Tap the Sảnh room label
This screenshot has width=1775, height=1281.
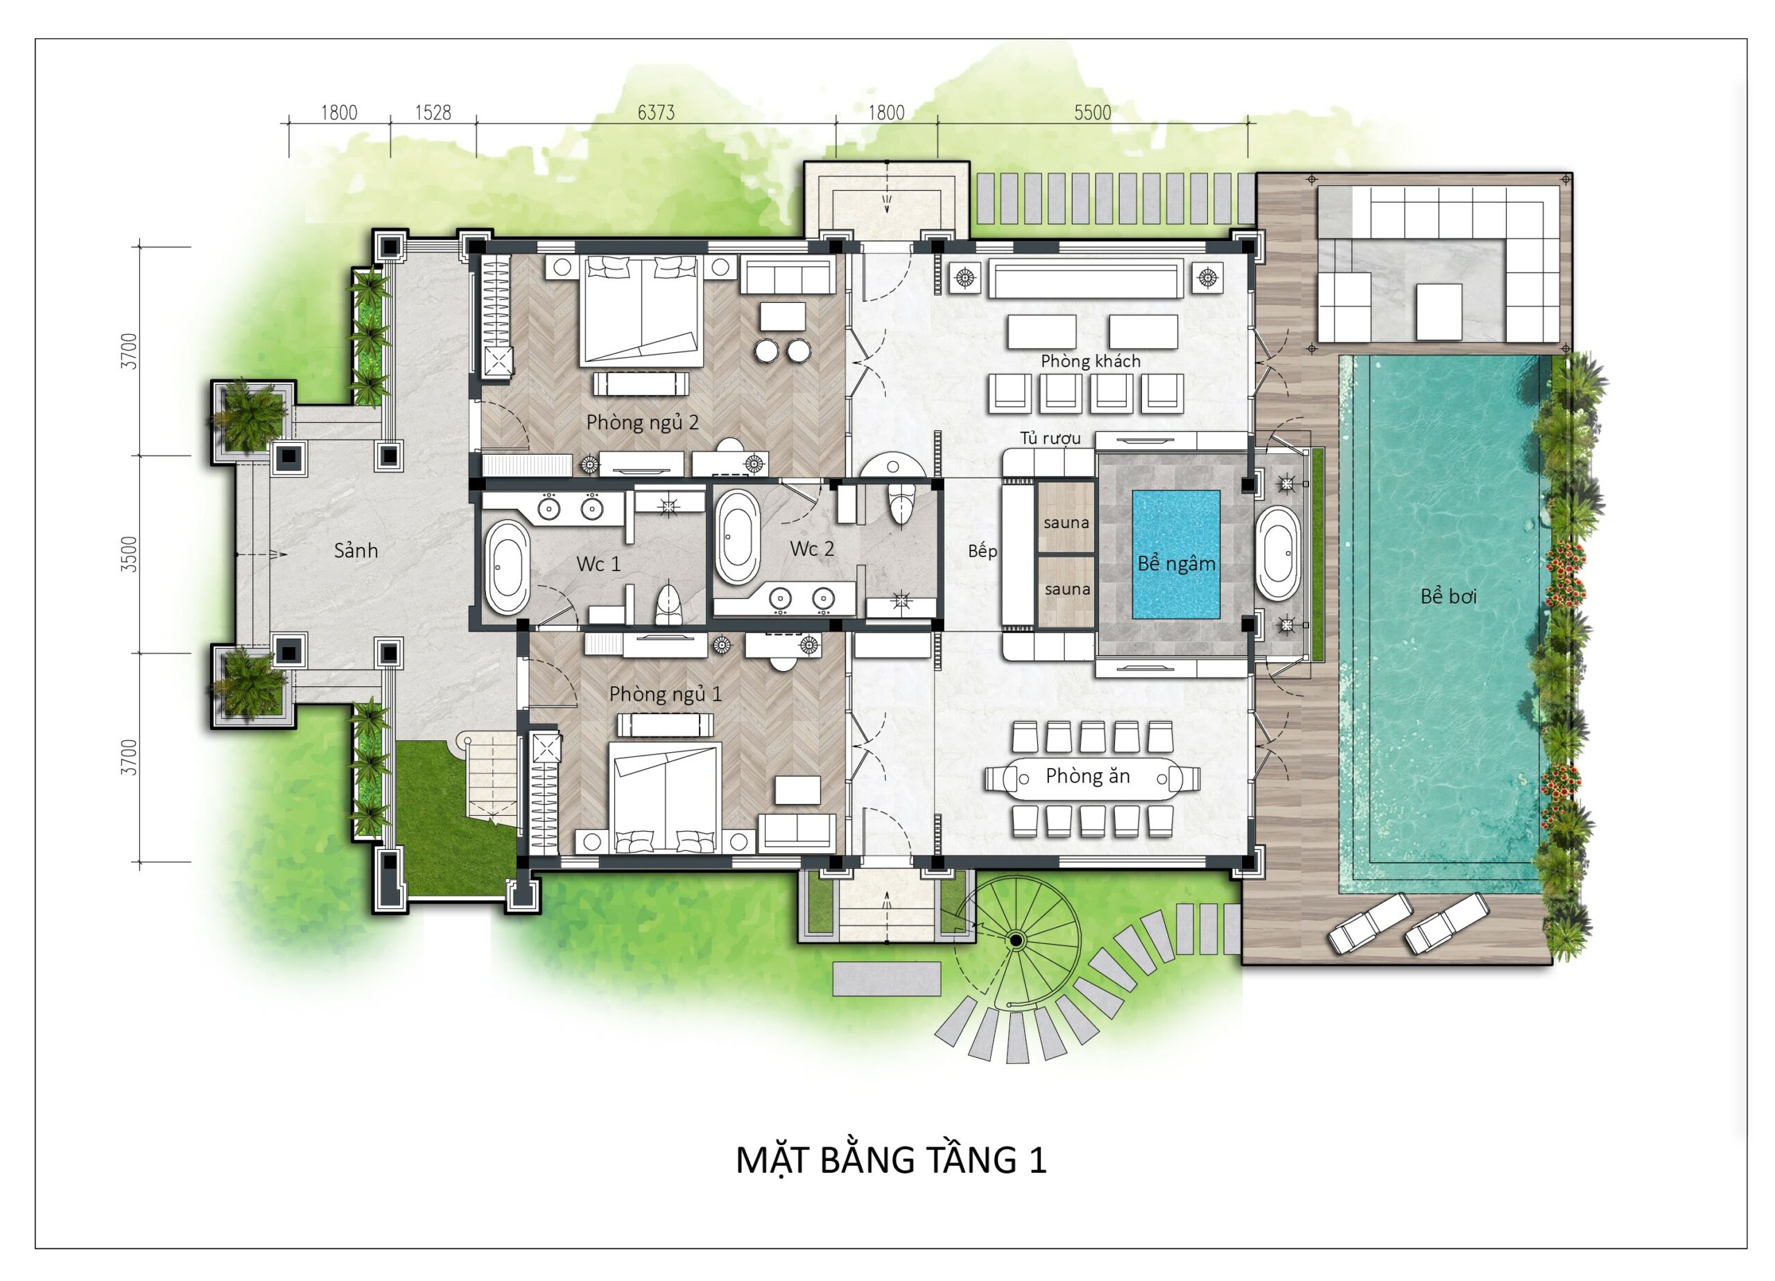coord(356,550)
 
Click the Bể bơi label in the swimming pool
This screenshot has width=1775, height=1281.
coord(1448,596)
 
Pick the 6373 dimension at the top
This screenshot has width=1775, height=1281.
coord(656,113)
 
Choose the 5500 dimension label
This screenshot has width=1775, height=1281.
coord(1092,113)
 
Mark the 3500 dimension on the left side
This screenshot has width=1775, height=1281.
coord(130,554)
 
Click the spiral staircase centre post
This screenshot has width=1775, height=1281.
coord(1016,940)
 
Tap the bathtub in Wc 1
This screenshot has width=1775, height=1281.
coord(507,566)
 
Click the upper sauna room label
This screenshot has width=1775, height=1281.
coord(1066,522)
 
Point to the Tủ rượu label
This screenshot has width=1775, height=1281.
coord(1050,438)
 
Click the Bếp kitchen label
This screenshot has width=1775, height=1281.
coord(982,551)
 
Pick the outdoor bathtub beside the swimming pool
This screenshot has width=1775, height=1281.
coord(1277,553)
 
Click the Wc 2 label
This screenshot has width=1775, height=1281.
coord(812,548)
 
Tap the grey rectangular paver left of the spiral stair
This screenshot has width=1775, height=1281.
coord(886,979)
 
